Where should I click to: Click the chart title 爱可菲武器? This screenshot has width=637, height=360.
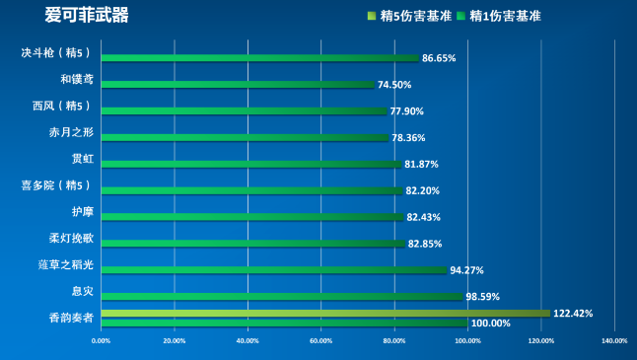(87, 16)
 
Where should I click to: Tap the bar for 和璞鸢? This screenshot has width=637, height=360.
(237, 85)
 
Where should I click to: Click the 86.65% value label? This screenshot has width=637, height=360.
(438, 58)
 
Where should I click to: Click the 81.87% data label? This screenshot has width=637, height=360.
(421, 164)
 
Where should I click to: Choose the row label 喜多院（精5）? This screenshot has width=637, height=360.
(55, 185)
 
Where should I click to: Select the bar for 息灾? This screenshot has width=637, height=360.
(281, 296)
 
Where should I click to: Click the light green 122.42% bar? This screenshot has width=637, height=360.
(325, 314)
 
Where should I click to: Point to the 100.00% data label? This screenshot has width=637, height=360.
(490, 323)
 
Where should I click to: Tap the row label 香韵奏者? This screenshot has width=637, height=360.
(71, 318)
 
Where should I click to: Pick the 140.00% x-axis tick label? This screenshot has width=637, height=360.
(613, 341)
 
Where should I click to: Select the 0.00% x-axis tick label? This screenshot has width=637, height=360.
(101, 341)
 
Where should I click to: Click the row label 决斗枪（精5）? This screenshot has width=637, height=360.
(55, 52)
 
